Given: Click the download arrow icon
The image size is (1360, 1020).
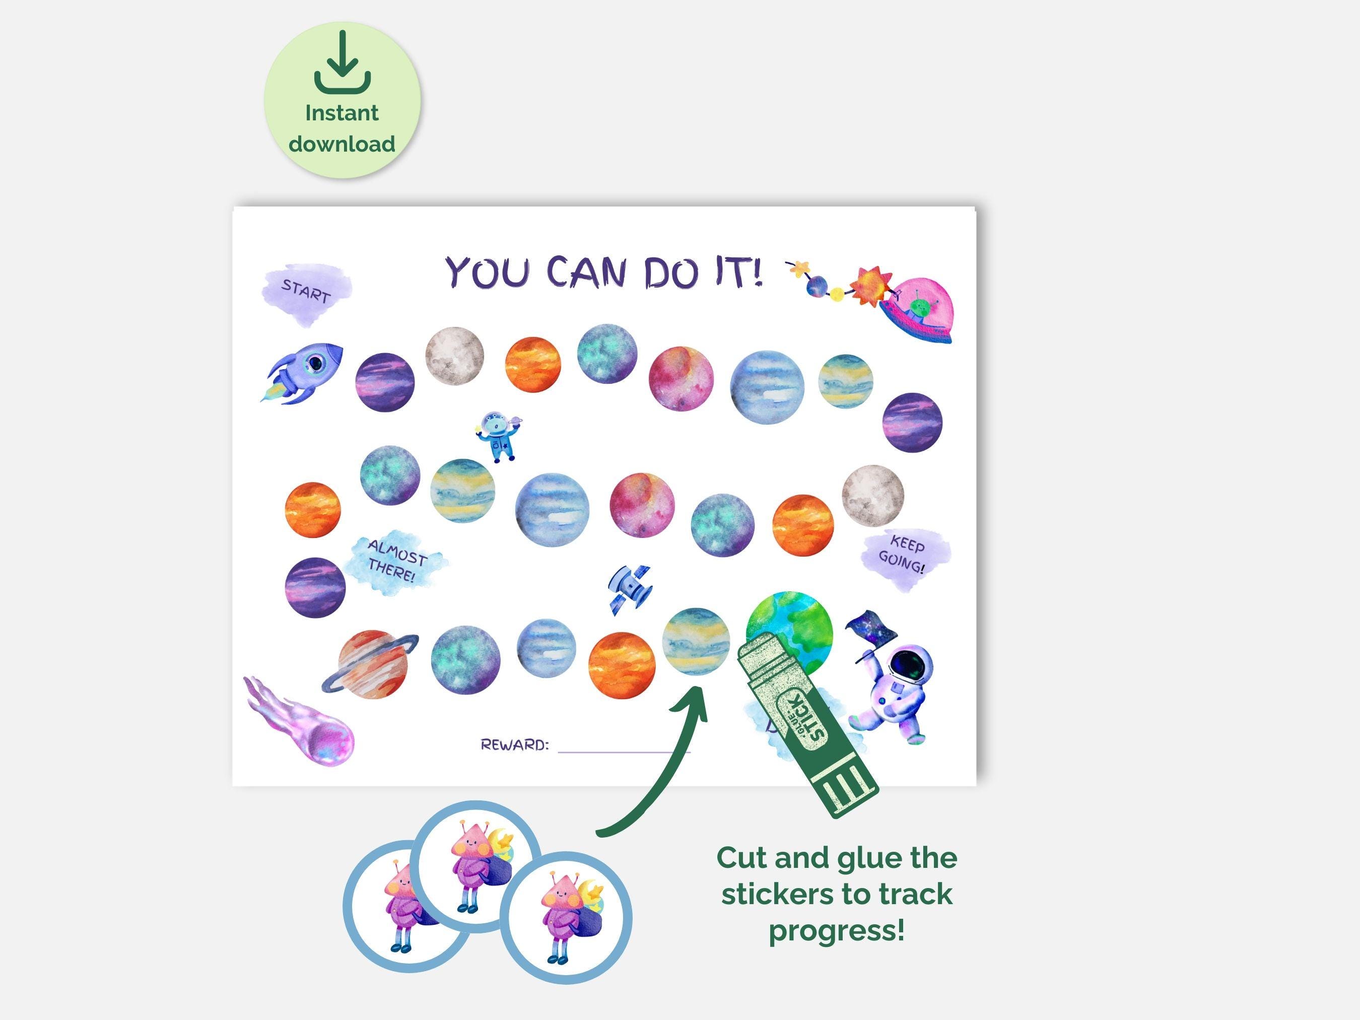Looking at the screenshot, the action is pos(343,62).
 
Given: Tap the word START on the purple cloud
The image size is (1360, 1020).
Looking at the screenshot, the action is pos(306,291).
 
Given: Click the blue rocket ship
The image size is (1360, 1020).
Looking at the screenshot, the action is pos(303,373).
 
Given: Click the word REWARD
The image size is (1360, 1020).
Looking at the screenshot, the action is pos(514,745).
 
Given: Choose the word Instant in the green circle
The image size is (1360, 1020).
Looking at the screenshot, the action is pos(342,113).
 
